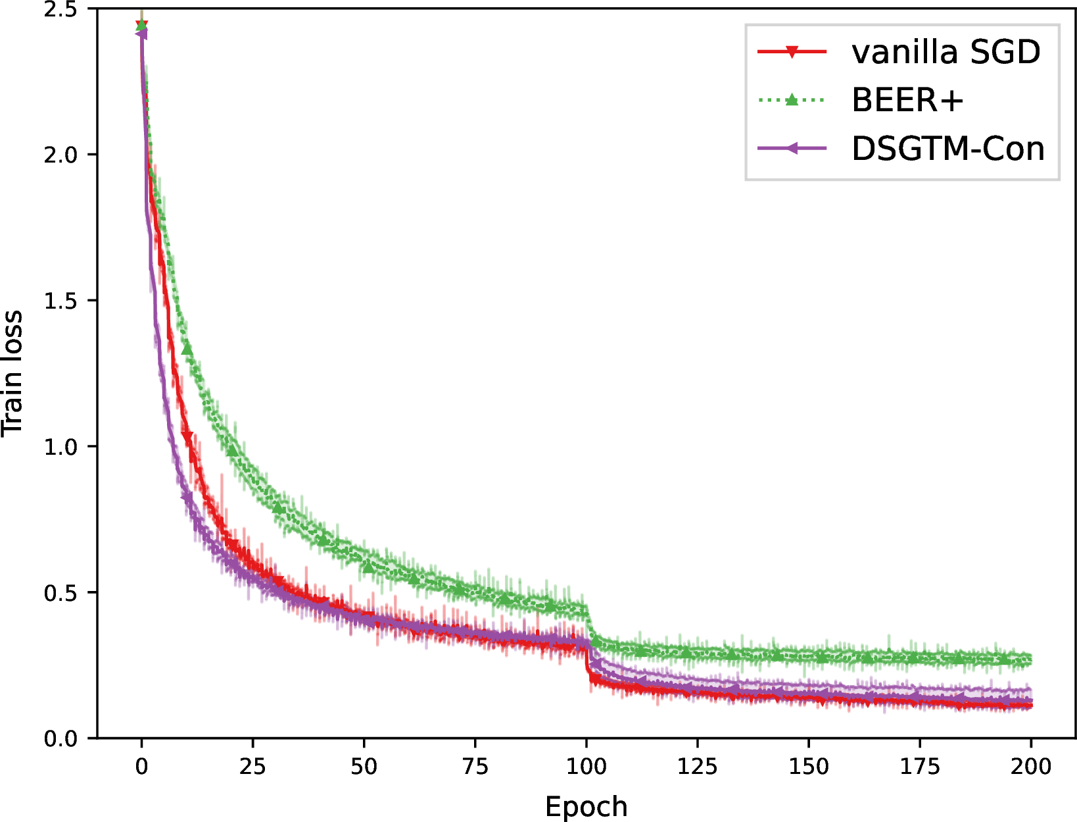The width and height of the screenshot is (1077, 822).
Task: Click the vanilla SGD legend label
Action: click(x=946, y=51)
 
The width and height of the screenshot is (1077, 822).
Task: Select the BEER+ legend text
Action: click(x=908, y=100)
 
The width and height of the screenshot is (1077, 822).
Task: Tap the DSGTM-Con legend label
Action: click(x=948, y=148)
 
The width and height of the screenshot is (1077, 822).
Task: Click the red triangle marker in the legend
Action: click(x=792, y=52)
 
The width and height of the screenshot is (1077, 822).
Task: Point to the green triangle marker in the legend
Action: click(x=792, y=99)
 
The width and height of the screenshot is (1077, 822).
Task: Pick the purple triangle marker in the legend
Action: click(x=792, y=148)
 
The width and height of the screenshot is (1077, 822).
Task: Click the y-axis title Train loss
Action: click(x=12, y=373)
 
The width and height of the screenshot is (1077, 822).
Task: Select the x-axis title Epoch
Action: click(x=586, y=806)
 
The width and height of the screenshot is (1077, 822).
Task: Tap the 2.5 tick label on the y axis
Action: click(x=61, y=10)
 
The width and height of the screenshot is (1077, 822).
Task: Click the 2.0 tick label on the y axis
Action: click(x=61, y=155)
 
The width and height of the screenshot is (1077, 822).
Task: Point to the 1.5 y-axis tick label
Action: click(x=61, y=301)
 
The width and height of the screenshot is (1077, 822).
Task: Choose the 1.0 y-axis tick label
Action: click(x=61, y=446)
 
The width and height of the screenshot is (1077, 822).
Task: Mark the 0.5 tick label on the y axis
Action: click(x=61, y=593)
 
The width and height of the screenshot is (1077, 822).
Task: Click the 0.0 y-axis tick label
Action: click(x=61, y=738)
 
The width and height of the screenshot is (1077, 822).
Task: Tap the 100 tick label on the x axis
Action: click(x=586, y=766)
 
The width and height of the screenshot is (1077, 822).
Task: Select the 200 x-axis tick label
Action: click(x=1031, y=766)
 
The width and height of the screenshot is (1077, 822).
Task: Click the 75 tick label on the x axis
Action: click(x=475, y=766)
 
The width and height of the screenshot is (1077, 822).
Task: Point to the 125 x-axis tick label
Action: click(x=697, y=766)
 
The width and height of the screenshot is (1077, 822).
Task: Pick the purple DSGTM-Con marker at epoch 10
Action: click(x=187, y=497)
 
